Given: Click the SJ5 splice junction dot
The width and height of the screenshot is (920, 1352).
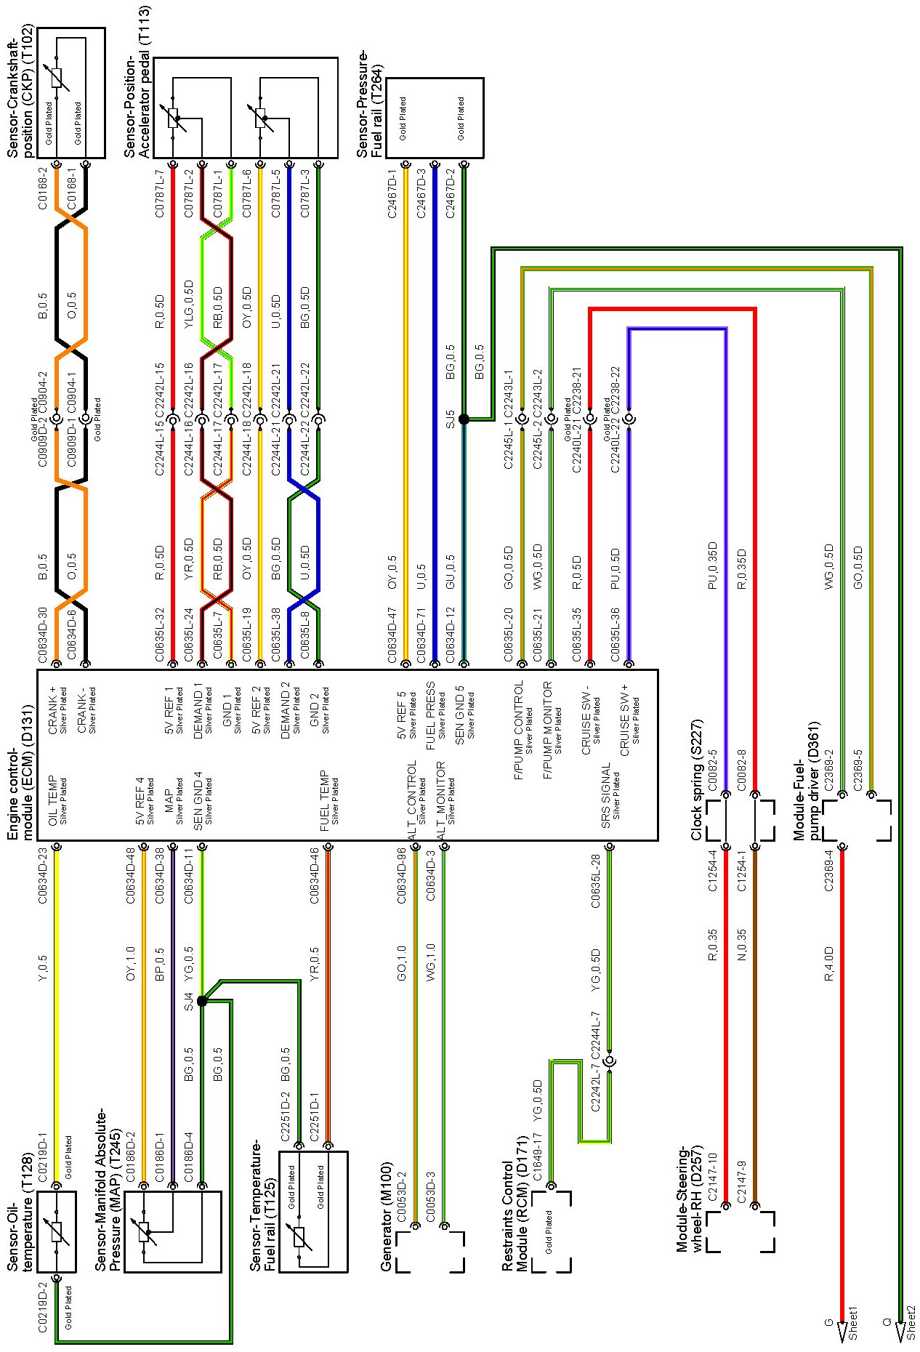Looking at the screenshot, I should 464,419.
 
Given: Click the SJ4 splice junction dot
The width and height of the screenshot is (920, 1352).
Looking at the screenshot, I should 202,1001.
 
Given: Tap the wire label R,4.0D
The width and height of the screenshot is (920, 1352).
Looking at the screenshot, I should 829,964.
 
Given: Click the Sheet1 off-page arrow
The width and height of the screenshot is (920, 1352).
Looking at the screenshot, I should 842,1332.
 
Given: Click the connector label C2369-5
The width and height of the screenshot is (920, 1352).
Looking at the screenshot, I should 858,770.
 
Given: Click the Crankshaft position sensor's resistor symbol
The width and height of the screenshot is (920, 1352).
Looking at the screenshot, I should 57,79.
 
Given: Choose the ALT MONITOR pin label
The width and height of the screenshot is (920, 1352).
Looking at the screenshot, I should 440,800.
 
